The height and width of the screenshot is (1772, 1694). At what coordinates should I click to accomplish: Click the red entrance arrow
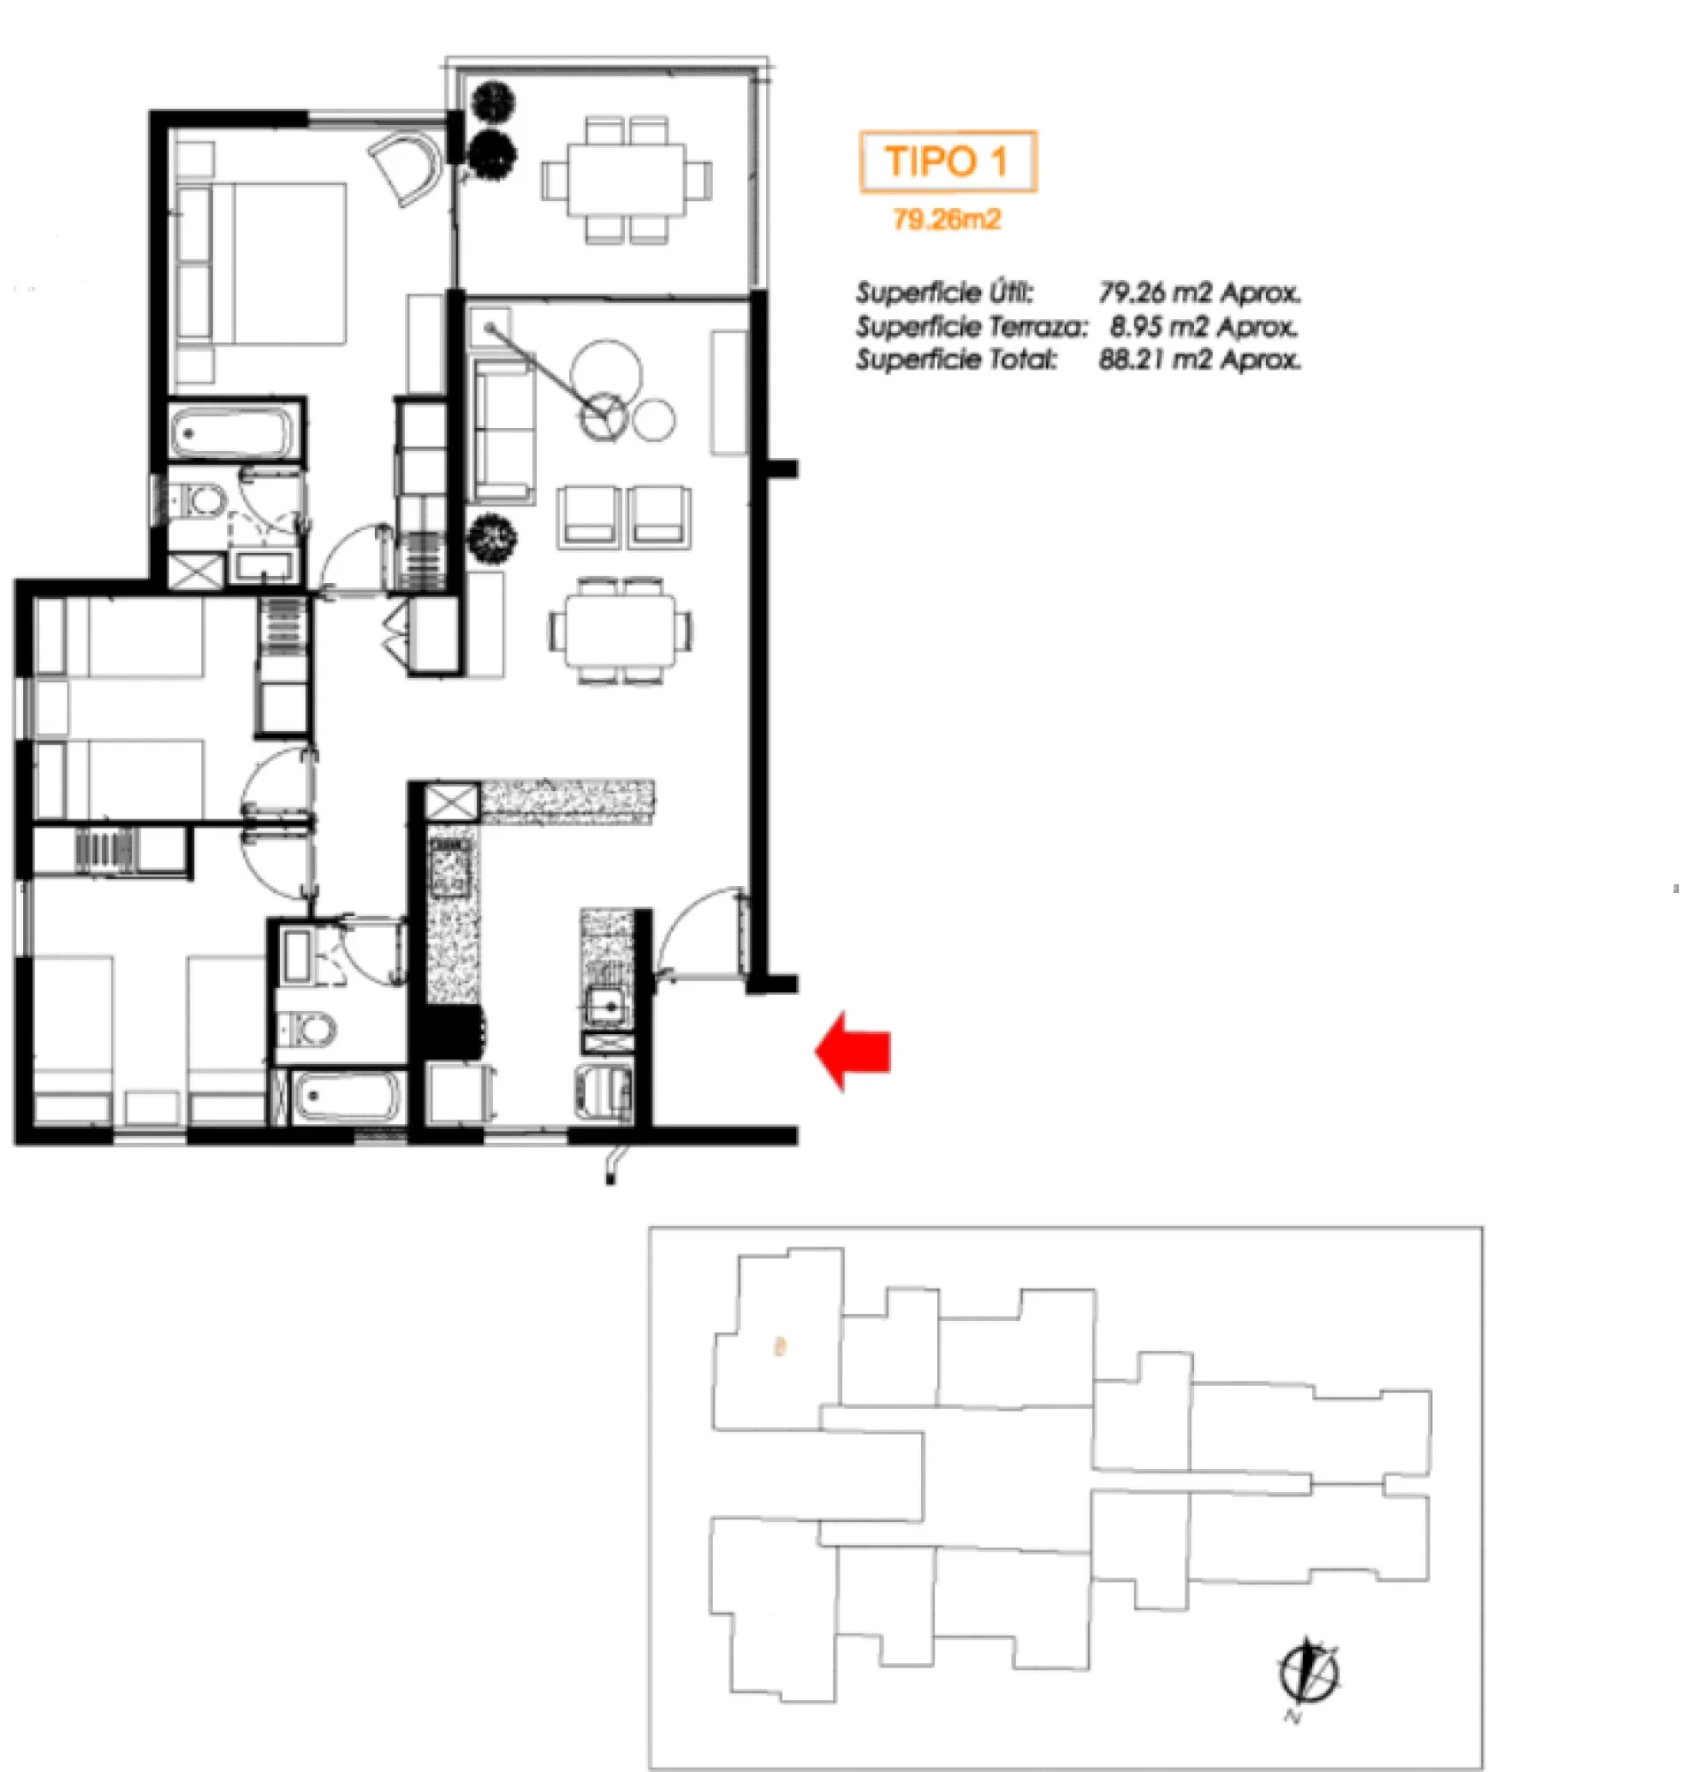(853, 1051)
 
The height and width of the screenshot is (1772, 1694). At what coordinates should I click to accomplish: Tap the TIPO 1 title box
(948, 161)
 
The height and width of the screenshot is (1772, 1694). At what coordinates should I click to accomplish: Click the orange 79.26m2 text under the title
(947, 220)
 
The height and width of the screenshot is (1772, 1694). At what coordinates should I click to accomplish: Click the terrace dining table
(626, 180)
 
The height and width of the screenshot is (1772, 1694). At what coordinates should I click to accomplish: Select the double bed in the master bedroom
(262, 264)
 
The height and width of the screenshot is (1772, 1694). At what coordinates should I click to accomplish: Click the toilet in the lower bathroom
(307, 1028)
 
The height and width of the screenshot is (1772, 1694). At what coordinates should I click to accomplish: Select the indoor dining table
(621, 630)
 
